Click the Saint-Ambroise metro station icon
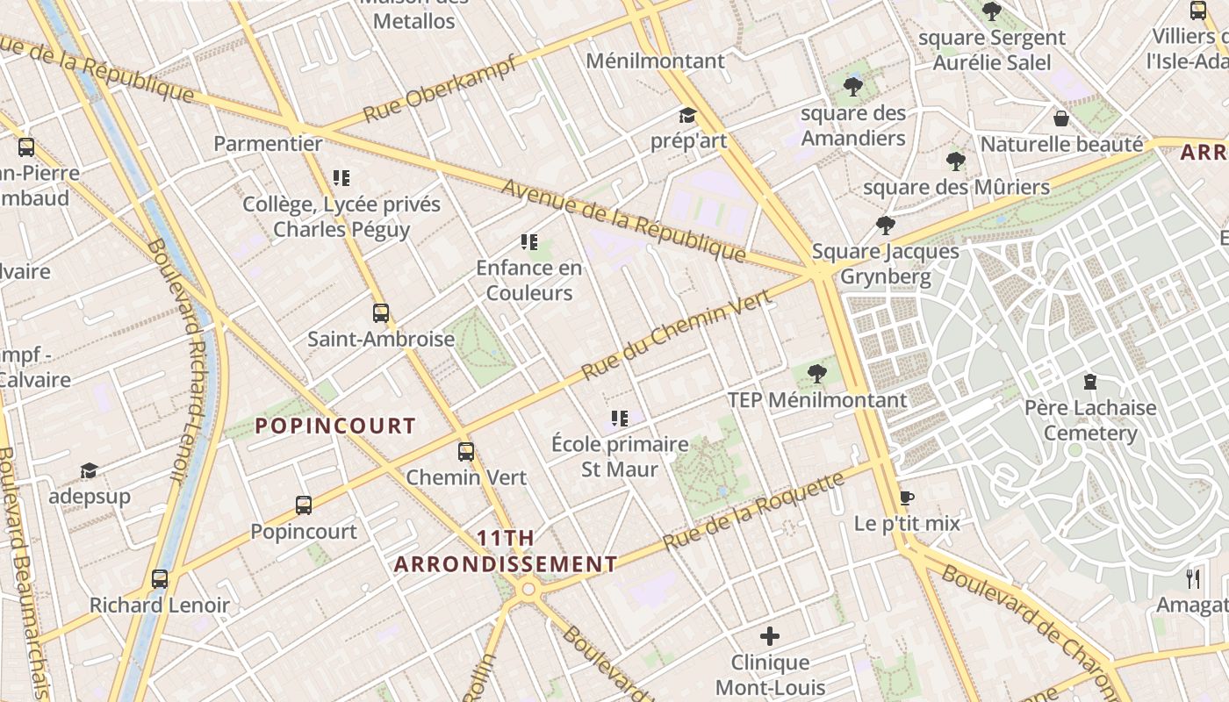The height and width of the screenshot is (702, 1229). [x=380, y=312]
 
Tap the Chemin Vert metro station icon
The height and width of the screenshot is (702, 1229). [x=466, y=452]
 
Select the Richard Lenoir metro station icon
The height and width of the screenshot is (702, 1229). [x=159, y=579]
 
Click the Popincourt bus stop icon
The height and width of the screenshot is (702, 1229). [x=303, y=505]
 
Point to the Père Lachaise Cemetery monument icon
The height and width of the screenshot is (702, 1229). [x=1090, y=382]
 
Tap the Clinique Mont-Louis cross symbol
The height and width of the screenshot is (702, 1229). [x=770, y=636]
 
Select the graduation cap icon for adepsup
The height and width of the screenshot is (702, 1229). [x=89, y=471]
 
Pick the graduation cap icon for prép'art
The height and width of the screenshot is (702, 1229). [x=687, y=115]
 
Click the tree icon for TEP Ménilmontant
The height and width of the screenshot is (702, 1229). [x=816, y=374]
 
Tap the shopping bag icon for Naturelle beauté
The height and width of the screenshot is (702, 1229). [x=1061, y=118]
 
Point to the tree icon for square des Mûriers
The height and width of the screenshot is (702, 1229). [x=956, y=161]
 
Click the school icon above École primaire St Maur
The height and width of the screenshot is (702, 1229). [x=620, y=419]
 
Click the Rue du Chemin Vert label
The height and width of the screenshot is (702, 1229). [x=676, y=334]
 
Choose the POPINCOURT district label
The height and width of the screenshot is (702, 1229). [x=334, y=426]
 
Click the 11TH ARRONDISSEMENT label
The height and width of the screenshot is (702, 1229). [x=506, y=551]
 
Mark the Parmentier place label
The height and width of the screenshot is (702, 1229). [x=269, y=143]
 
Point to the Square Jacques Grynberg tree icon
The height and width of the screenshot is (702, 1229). [x=885, y=226]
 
